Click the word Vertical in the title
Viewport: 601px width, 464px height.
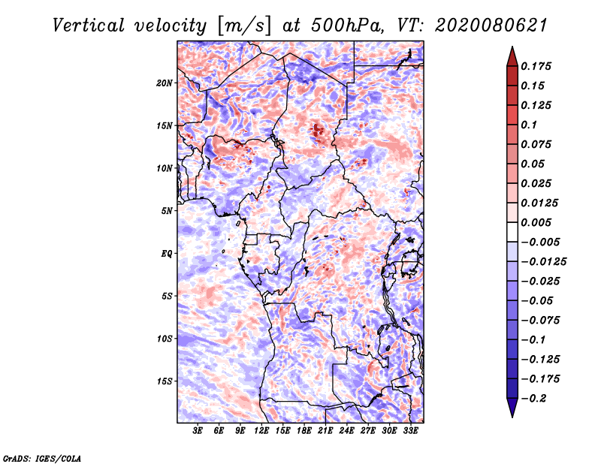coord(89,26)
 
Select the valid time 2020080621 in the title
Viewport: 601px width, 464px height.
coord(491,26)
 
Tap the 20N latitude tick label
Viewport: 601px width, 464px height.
coord(164,83)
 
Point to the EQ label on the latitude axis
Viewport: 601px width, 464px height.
coord(166,254)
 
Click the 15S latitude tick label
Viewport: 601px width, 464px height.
coord(164,381)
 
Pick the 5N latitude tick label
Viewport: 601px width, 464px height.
coord(166,211)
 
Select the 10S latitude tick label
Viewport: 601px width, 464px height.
coord(164,339)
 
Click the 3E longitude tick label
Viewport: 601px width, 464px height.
coord(198,430)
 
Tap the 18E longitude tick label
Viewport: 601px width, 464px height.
coord(304,430)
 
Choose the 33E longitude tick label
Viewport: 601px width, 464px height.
coord(410,430)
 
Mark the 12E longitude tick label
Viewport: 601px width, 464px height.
coord(261,430)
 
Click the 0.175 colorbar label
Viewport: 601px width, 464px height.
coord(536,66)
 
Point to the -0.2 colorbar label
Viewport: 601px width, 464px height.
coord(533,399)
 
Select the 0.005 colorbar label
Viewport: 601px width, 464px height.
coord(536,222)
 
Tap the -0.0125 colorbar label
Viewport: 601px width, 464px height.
coord(543,262)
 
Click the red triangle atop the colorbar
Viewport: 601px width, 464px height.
coord(512,57)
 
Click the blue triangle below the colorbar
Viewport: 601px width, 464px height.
coord(512,407)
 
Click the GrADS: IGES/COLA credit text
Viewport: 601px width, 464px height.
coord(42,458)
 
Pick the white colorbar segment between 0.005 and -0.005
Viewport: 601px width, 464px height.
coord(512,232)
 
